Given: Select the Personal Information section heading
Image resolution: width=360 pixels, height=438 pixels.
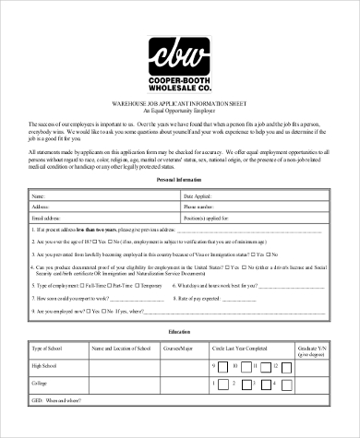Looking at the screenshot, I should (180, 181).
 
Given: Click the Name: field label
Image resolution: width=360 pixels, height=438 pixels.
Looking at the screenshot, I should (39, 196).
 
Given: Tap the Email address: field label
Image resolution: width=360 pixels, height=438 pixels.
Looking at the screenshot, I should (48, 218).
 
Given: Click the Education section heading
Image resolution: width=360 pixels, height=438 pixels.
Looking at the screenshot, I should (180, 330).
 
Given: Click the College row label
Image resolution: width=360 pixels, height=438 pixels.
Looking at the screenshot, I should (39, 383).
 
